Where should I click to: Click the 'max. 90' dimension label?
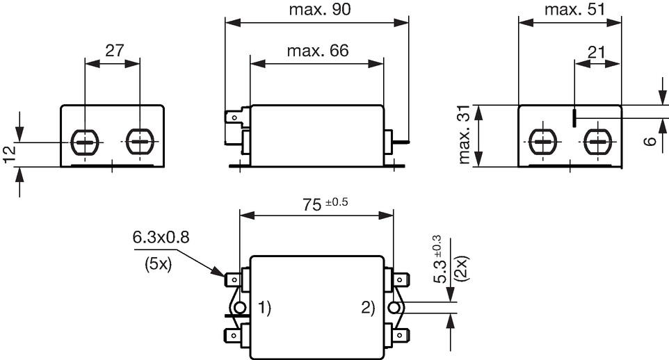click(x=320, y=10)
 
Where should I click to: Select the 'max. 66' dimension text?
click(x=317, y=51)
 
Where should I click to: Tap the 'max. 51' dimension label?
click(x=574, y=10)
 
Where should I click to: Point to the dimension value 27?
click(x=114, y=51)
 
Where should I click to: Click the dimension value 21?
click(x=596, y=52)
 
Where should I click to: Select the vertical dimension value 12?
click(x=10, y=154)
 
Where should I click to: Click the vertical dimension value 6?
click(x=650, y=142)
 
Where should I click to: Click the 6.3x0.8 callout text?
click(x=161, y=237)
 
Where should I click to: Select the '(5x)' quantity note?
click(x=158, y=265)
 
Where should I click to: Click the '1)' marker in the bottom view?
click(x=264, y=307)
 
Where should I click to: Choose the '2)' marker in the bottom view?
click(x=368, y=307)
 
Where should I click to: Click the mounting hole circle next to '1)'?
click(x=239, y=308)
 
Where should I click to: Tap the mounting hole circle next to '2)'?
click(x=394, y=308)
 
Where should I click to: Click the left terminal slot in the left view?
click(x=85, y=142)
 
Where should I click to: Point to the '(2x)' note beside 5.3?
click(x=462, y=268)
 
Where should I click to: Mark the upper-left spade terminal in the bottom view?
click(x=233, y=280)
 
